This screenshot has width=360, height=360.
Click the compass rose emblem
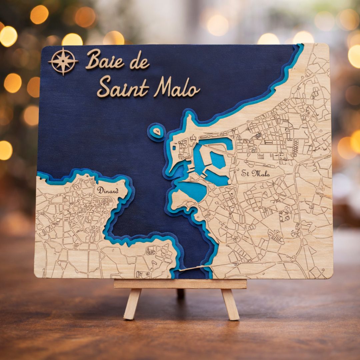pyautogui.click(x=63, y=61)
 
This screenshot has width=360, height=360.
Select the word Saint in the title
pyautogui.click(x=123, y=87)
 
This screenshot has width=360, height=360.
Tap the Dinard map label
pyautogui.click(x=107, y=190)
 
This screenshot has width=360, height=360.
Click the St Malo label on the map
pyautogui.click(x=256, y=173)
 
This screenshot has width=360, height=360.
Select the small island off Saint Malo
pyautogui.click(x=157, y=132)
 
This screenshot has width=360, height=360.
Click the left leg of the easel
pyautogui.click(x=132, y=303)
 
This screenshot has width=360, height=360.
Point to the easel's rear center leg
pyautogui.click(x=181, y=293)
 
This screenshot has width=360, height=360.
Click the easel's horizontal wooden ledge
pyautogui.click(x=180, y=284)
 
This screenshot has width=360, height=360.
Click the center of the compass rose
pyautogui.click(x=63, y=61)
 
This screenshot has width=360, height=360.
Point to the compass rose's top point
pyautogui.click(x=63, y=49)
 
